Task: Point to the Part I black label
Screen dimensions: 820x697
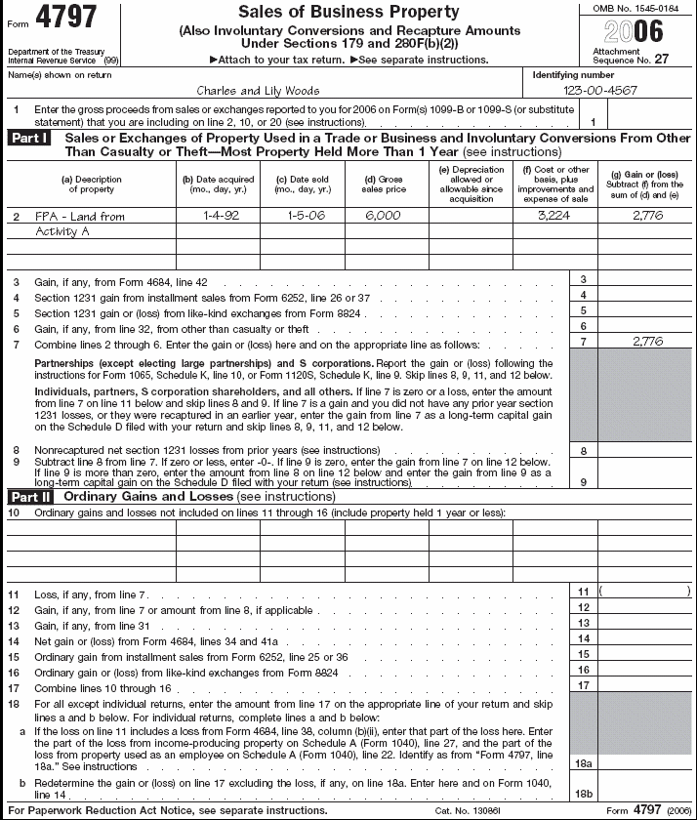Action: click(x=32, y=139)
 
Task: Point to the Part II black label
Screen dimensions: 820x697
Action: click(x=32, y=496)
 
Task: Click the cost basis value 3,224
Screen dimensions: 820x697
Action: click(x=553, y=215)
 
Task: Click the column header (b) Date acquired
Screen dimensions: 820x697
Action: click(x=219, y=184)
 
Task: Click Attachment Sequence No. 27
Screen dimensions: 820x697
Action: click(x=630, y=56)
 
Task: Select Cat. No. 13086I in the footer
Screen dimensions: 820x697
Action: click(x=464, y=811)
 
